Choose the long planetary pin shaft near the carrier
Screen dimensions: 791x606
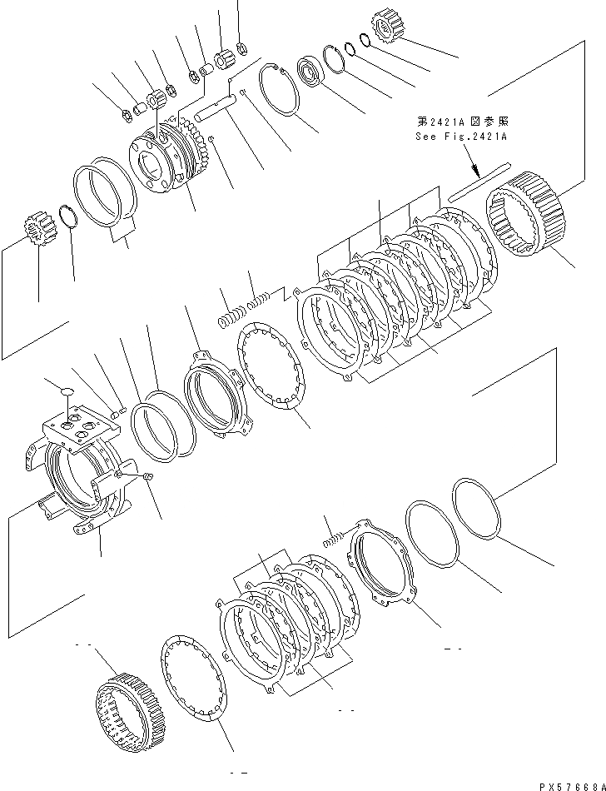pos(219,107)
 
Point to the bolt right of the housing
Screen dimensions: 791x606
pos(146,475)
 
